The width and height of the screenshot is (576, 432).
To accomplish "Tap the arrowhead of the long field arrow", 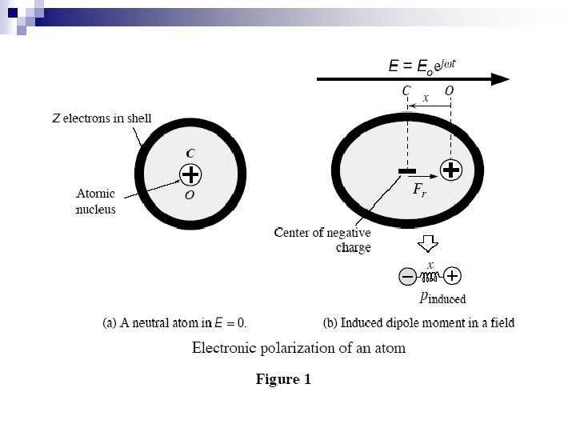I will click(x=502, y=78).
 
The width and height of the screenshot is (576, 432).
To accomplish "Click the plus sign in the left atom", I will click(x=190, y=174).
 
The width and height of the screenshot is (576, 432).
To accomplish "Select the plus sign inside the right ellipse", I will click(x=450, y=170).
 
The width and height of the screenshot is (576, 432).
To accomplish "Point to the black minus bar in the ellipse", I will click(x=406, y=170).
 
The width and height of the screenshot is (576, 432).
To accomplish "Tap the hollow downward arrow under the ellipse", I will click(x=430, y=243).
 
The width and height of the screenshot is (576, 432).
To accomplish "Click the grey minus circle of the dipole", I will click(x=407, y=276).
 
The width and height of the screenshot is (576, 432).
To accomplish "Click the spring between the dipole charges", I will click(x=429, y=277).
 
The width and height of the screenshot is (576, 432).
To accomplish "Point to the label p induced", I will click(x=442, y=297).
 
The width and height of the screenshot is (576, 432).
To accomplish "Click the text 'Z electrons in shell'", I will click(x=102, y=119).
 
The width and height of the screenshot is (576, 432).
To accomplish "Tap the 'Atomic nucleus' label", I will click(x=96, y=202).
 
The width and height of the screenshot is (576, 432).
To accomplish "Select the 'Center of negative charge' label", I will click(x=322, y=240).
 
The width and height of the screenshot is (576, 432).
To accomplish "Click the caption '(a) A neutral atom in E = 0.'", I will click(x=174, y=324).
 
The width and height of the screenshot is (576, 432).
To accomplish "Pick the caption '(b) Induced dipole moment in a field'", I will click(x=418, y=324).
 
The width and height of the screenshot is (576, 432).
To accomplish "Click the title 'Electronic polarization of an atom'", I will click(x=298, y=348).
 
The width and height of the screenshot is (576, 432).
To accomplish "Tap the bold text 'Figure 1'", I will click(x=283, y=379).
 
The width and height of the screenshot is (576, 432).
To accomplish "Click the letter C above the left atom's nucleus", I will click(x=190, y=152).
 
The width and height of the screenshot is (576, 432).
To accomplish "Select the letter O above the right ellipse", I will click(x=449, y=92).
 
